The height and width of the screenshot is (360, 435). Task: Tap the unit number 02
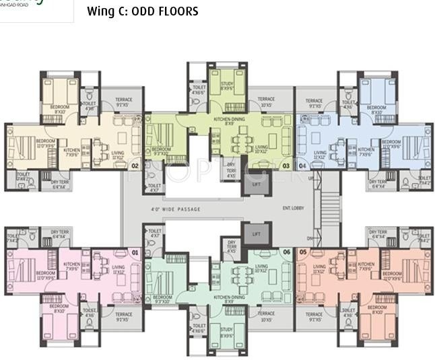click(135, 166)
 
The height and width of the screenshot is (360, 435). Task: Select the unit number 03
click(286, 166)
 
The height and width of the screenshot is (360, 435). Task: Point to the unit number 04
click(302, 166)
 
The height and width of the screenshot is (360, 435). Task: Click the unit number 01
click(135, 252)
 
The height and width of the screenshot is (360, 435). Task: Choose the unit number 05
click(302, 252)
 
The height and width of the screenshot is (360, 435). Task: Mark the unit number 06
click(286, 252)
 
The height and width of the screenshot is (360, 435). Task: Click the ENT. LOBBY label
click(293, 208)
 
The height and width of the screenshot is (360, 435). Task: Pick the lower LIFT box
click(255, 234)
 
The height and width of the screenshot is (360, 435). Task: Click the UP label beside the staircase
click(310, 179)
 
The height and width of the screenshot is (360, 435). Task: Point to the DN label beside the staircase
click(310, 238)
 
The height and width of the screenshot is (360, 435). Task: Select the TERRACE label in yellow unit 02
click(123, 101)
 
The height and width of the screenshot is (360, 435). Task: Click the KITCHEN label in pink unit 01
click(72, 265)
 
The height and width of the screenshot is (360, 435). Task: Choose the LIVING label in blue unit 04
click(320, 153)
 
